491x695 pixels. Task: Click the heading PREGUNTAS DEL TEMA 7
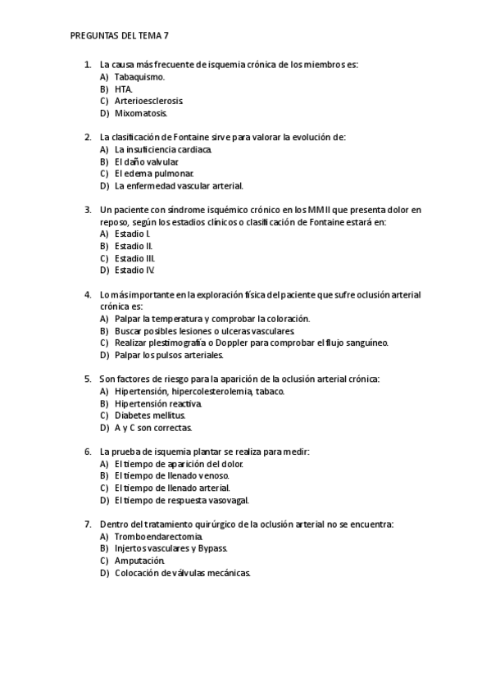(120, 36)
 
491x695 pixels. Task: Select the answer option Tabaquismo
(139, 76)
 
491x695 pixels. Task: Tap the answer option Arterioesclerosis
(148, 101)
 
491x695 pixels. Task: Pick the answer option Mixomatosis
(141, 113)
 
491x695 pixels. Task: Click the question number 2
(88, 138)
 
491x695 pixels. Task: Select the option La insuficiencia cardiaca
(163, 150)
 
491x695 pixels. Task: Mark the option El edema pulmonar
(154, 174)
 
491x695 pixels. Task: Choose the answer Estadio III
(134, 257)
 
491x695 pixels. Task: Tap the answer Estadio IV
(134, 270)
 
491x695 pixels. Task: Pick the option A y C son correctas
(153, 428)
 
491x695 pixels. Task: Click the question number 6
(88, 452)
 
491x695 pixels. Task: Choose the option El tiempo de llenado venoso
(172, 475)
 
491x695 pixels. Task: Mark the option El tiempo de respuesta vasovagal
(182, 500)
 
